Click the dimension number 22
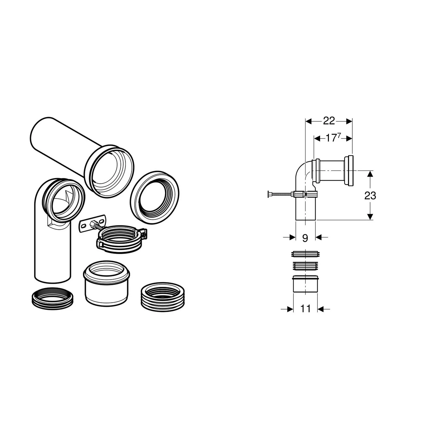[x=329, y=121]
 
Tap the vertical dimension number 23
[x=370, y=196]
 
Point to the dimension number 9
[x=305, y=238]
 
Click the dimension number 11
[x=305, y=309]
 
